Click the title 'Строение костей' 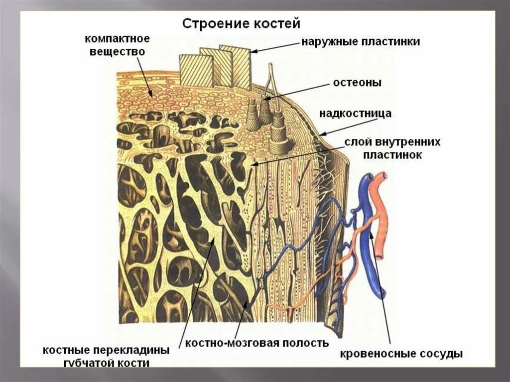point(241,23)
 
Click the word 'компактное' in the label point(117,39)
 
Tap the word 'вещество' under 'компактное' point(117,51)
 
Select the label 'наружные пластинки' point(360,42)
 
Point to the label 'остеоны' point(358,83)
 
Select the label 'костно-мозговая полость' point(257,343)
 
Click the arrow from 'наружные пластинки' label point(274,47)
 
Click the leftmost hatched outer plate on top point(189,70)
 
